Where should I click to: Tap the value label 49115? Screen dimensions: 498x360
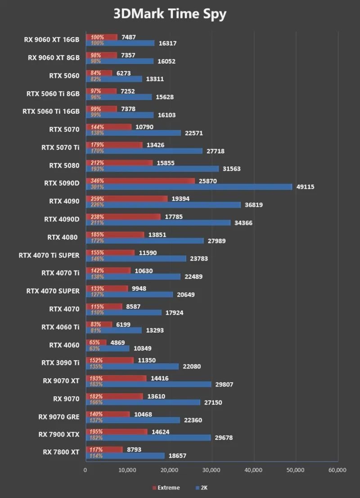tap(305, 187)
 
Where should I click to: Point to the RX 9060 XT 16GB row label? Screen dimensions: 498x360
tap(51, 40)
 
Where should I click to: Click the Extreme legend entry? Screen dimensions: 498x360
tap(168, 488)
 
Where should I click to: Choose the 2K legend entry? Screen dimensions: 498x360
tap(201, 488)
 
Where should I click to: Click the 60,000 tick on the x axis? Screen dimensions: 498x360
tap(337, 470)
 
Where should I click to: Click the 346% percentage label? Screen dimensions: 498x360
tap(97, 181)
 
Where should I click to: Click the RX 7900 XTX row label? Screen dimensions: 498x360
tap(58, 435)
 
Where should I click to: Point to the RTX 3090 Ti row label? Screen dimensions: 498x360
tap(60, 363)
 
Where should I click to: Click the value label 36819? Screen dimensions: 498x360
tap(254, 205)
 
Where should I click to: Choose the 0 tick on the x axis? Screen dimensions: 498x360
tap(85, 470)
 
